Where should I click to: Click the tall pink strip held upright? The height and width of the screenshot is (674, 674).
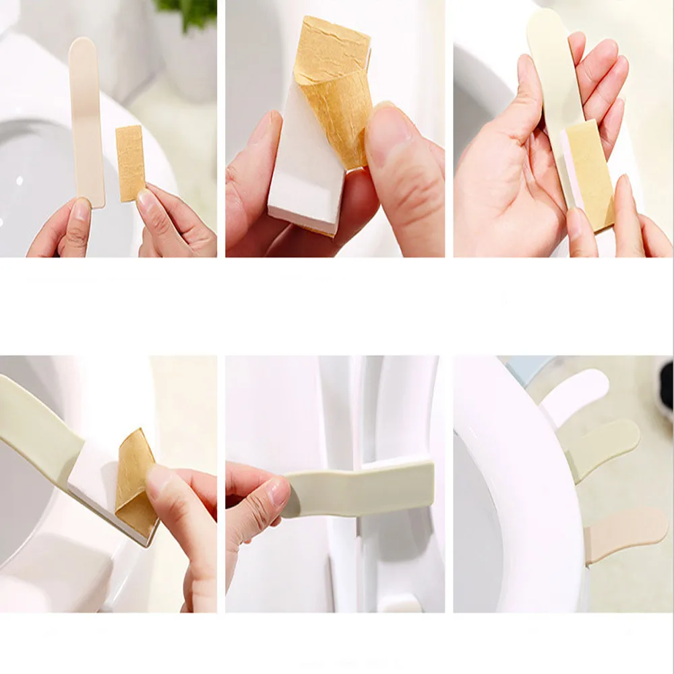click(x=87, y=121)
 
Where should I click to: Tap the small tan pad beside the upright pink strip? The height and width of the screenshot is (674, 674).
click(x=130, y=162)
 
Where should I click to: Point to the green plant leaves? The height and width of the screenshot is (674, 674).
click(x=186, y=9)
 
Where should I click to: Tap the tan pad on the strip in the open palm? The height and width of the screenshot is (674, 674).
click(x=588, y=172)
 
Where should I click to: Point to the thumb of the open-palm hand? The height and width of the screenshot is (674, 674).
click(x=526, y=101)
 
